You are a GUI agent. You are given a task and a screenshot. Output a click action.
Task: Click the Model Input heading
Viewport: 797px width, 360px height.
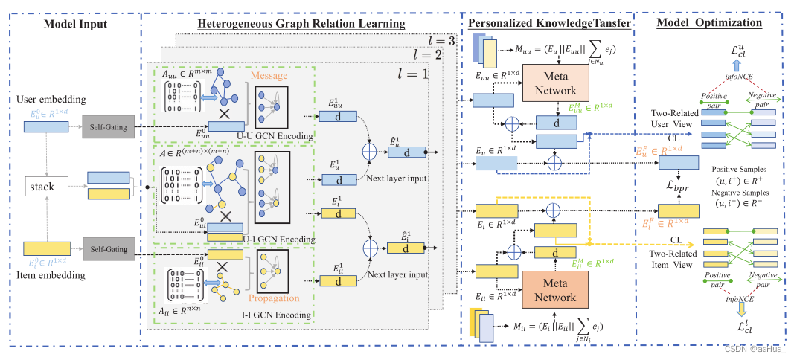pos(75,23)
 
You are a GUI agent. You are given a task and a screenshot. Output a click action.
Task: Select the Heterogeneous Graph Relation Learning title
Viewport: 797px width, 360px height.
pos(301,23)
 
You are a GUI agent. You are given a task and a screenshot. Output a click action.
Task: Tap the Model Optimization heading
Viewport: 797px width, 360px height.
pos(709,22)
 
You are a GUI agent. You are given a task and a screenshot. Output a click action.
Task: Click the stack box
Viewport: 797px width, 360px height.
pos(42,187)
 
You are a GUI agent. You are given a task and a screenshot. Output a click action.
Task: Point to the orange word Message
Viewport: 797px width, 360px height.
pos(269,76)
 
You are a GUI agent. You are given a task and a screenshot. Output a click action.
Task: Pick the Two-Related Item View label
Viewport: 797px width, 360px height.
pos(672,258)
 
